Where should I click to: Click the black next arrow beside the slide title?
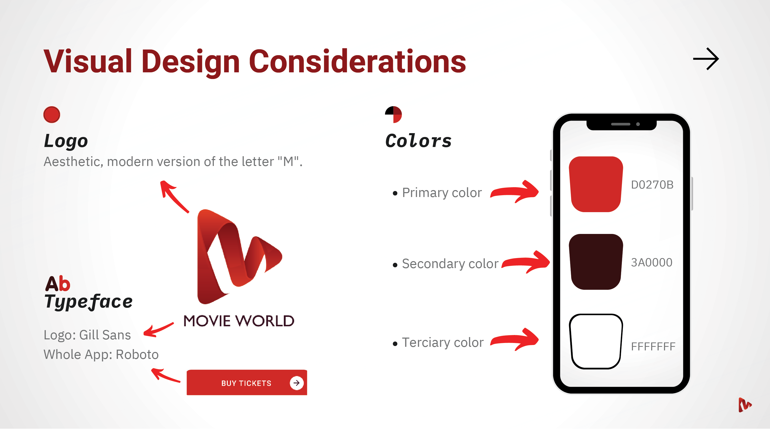pyautogui.click(x=706, y=59)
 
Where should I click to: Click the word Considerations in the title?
pyautogui.click(x=358, y=61)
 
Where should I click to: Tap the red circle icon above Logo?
pyautogui.click(x=52, y=114)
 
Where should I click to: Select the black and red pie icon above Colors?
pyautogui.click(x=393, y=114)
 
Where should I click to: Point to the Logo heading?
pyautogui.click(x=66, y=141)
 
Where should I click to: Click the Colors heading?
pyautogui.click(x=418, y=141)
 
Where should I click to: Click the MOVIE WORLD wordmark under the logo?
pyautogui.click(x=239, y=321)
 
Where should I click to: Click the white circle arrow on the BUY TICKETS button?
pyautogui.click(x=296, y=383)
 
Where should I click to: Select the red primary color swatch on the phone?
pyautogui.click(x=596, y=184)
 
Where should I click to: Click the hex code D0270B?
pyautogui.click(x=652, y=185)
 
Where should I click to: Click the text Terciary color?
pyautogui.click(x=443, y=343)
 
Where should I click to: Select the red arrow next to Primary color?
pyautogui.click(x=515, y=192)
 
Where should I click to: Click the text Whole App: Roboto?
pyautogui.click(x=101, y=355)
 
